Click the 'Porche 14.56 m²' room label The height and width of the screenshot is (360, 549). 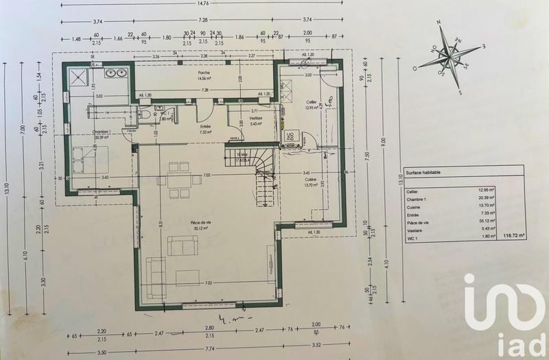tap(203, 75)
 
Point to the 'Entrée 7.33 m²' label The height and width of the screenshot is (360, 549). tap(205, 130)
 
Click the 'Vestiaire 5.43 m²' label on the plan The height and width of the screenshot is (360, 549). tap(255, 121)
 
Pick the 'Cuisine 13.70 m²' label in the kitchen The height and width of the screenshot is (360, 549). tap(309, 181)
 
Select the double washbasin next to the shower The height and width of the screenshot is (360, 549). tap(116, 71)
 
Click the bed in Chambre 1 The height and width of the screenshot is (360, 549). tap(91, 160)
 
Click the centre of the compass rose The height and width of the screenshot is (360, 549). tap(450, 57)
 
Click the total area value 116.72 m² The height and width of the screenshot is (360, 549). tap(513, 235)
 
